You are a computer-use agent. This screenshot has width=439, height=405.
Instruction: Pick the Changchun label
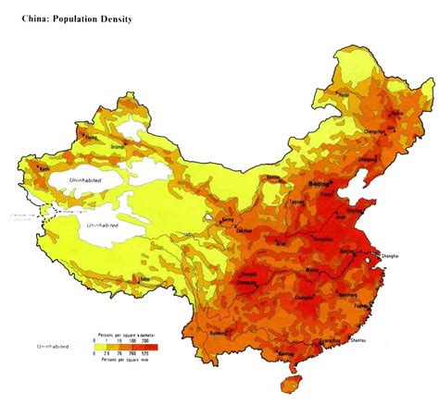(375, 132)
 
